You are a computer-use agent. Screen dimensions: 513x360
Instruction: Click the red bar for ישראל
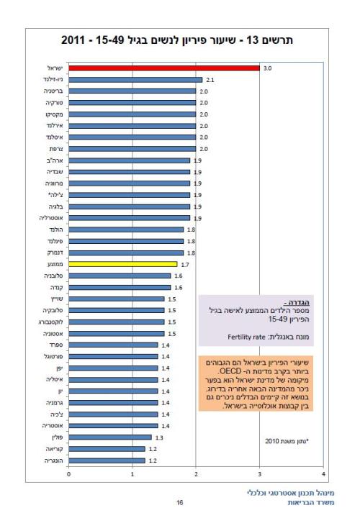pyautogui.click(x=164, y=68)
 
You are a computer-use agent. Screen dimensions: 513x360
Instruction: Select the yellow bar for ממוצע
pyautogui.click(x=122, y=264)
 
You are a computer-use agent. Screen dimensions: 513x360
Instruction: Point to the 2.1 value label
pyautogui.click(x=210, y=80)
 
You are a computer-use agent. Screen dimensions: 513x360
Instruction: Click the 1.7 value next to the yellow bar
pyautogui.click(x=184, y=264)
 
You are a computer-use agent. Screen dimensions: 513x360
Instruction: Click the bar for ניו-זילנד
pyautogui.click(x=135, y=80)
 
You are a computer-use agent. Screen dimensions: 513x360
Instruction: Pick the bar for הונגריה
pyautogui.click(x=107, y=460)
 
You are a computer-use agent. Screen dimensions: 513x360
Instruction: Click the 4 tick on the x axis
pyautogui.click(x=324, y=473)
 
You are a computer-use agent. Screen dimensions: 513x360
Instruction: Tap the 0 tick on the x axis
pyautogui.click(x=69, y=473)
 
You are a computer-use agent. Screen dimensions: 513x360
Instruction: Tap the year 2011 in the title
pyautogui.click(x=78, y=40)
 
